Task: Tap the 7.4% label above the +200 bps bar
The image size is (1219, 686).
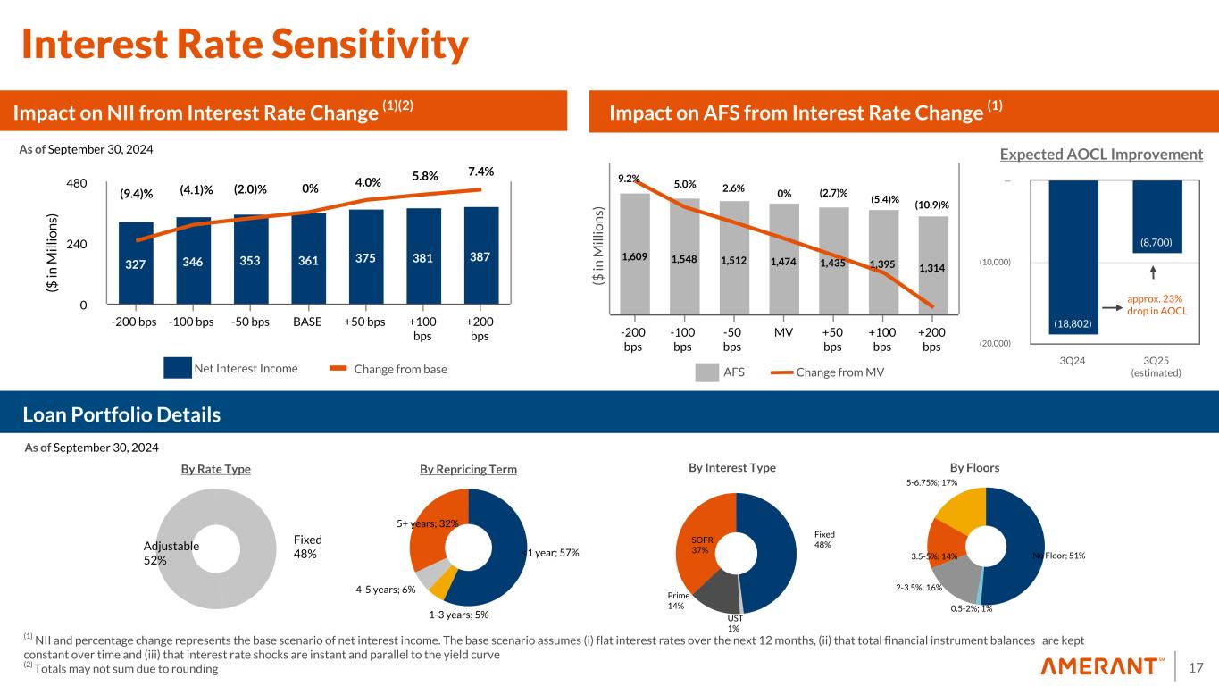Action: pyautogui.click(x=480, y=171)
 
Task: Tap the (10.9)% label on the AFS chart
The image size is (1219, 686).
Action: pyautogui.click(x=931, y=205)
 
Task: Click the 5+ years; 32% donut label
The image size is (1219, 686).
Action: pyautogui.click(x=427, y=523)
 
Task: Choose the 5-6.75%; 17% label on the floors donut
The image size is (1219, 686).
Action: pyautogui.click(x=931, y=482)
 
